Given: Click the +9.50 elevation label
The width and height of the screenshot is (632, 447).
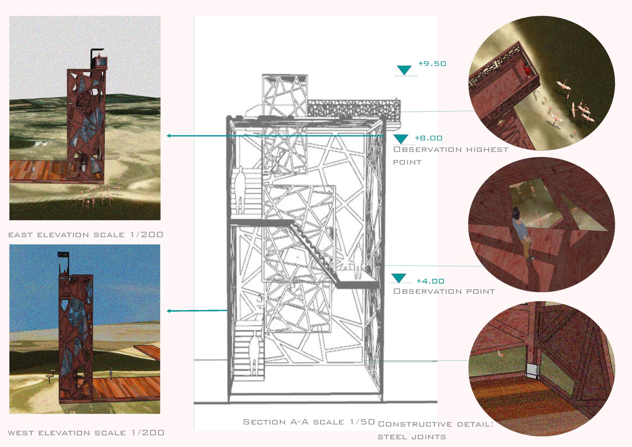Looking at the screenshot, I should point(432,63).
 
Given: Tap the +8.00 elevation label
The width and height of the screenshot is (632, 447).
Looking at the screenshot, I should point(428,138).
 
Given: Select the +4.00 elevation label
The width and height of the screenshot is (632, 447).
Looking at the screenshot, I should point(430,281).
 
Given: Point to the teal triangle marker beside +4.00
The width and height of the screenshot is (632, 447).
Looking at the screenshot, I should point(399,278).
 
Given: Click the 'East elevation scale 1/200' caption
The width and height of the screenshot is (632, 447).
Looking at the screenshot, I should point(86,235).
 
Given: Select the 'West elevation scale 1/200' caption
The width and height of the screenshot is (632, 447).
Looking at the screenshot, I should point(86,433).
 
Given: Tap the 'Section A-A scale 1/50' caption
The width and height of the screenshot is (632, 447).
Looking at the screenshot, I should point(309,422).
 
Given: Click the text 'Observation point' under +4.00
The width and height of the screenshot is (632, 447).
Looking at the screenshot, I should point(444,291).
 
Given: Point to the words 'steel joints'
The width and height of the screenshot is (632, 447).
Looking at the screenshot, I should point(412,437).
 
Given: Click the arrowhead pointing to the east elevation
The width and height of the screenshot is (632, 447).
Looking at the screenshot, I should point(169,136).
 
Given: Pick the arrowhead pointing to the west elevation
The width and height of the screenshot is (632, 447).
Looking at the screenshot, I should point(169,311).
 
